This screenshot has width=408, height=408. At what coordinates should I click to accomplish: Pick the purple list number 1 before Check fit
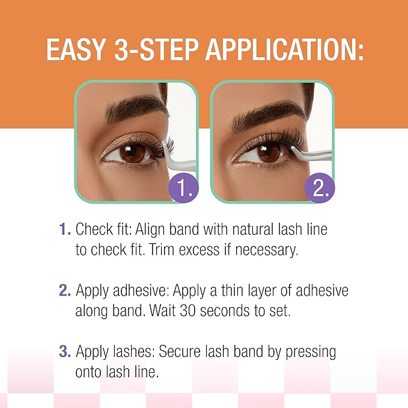pos(64,230)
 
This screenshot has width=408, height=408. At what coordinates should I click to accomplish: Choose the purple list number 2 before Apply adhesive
pos(64,291)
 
